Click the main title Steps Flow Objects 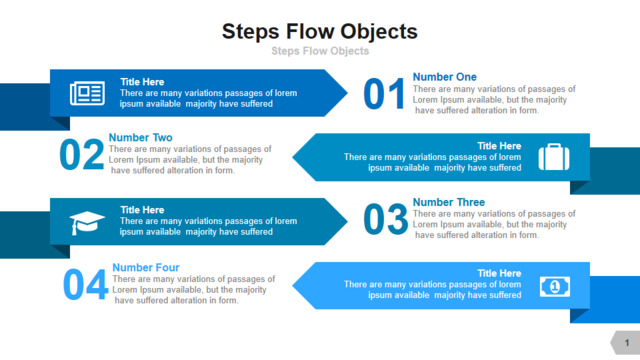[x=320, y=32]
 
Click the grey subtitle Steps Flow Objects [x=320, y=51]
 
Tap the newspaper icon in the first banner [x=87, y=93]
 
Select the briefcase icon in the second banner [x=554, y=157]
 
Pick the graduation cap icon [x=87, y=223]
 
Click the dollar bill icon [x=555, y=287]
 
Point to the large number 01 [x=384, y=94]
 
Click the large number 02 [x=82, y=154]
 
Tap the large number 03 [x=385, y=220]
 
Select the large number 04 [x=86, y=284]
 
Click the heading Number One [x=444, y=77]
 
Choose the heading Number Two [x=140, y=137]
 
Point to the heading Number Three [x=449, y=202]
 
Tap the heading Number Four [x=146, y=267]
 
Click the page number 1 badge [x=625, y=342]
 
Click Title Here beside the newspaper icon [x=142, y=82]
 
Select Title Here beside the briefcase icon [x=499, y=146]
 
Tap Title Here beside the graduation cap [x=142, y=210]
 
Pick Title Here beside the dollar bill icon [x=499, y=273]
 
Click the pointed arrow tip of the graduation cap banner [x=347, y=222]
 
